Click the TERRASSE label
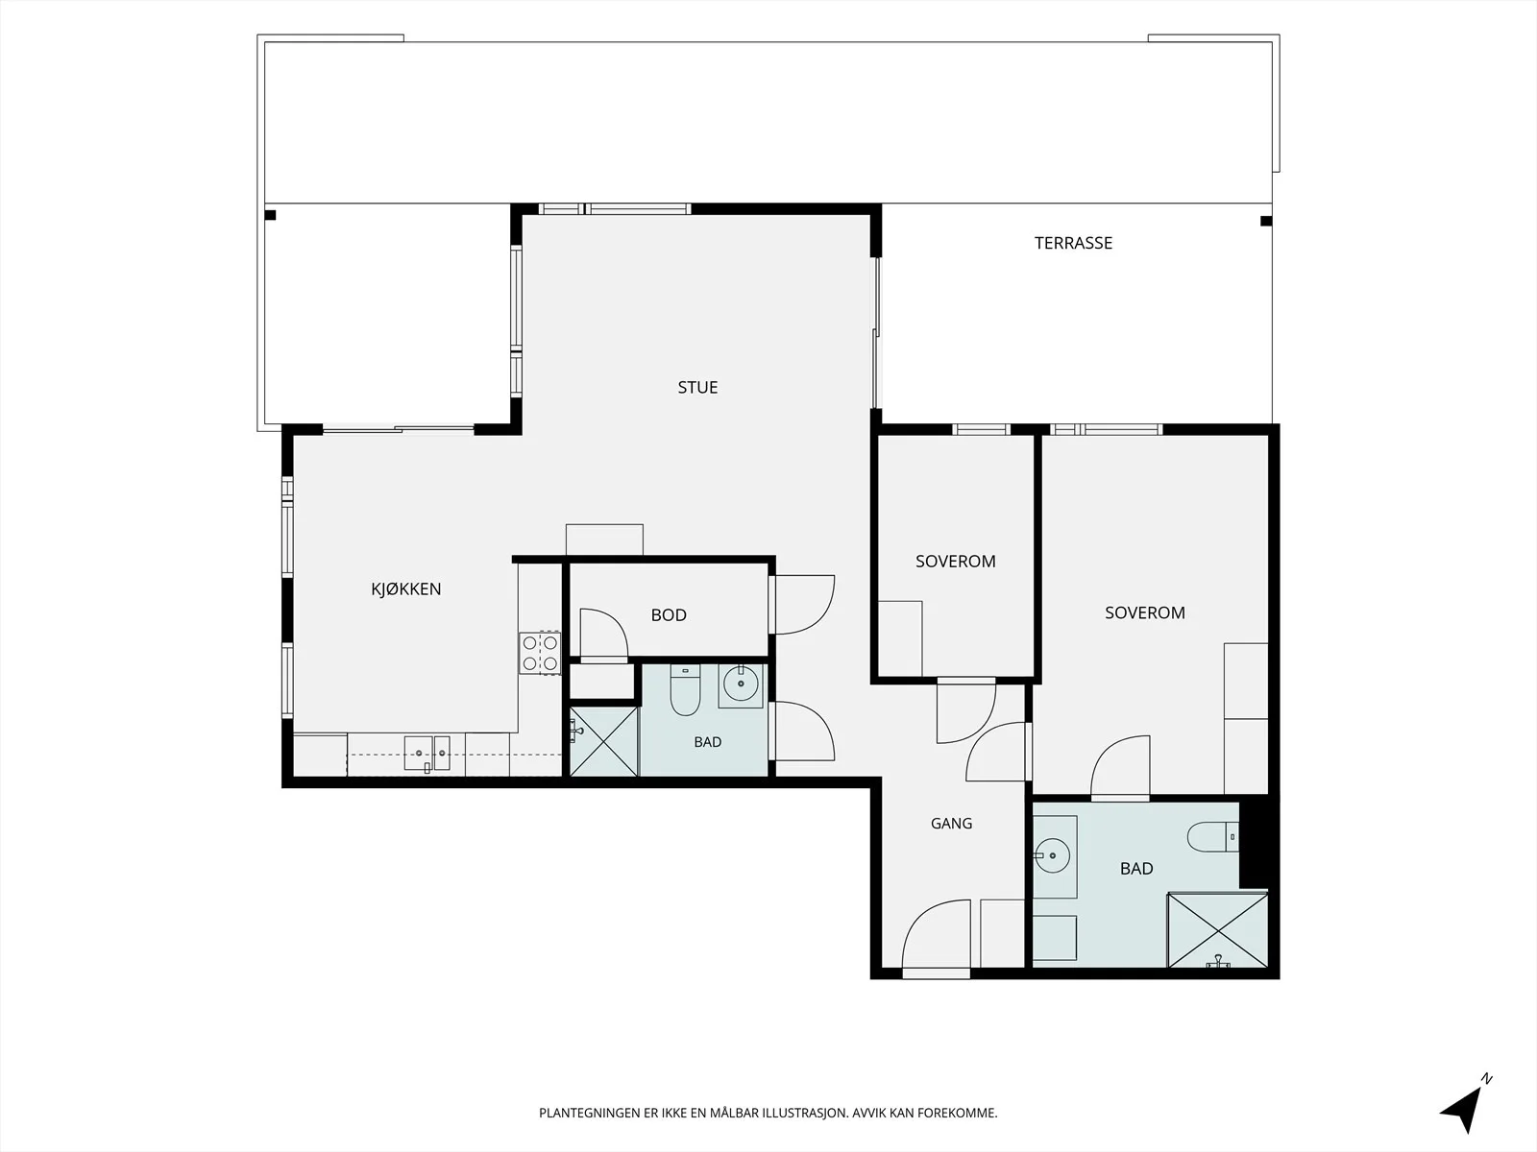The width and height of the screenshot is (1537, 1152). point(1073,243)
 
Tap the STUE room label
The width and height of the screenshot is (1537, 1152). point(697,388)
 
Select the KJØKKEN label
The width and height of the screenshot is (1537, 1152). point(406,588)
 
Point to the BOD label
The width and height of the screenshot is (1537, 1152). point(669,614)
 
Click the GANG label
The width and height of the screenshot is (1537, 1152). point(951,824)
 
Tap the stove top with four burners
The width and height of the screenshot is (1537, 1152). point(540,654)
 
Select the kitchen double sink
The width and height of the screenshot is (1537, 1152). point(427,754)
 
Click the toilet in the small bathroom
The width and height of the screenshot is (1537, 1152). point(685,689)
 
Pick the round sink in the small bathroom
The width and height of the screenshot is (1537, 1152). point(740,684)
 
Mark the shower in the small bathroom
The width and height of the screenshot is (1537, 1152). point(603,741)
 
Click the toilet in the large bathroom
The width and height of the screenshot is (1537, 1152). point(1213,836)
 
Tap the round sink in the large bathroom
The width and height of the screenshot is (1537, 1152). point(1052,855)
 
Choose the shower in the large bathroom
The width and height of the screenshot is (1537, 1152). point(1218,930)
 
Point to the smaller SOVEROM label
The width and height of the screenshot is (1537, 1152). point(955,561)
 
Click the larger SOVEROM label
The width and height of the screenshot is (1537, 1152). point(1145,612)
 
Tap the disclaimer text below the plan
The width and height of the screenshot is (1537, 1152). point(768,1113)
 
